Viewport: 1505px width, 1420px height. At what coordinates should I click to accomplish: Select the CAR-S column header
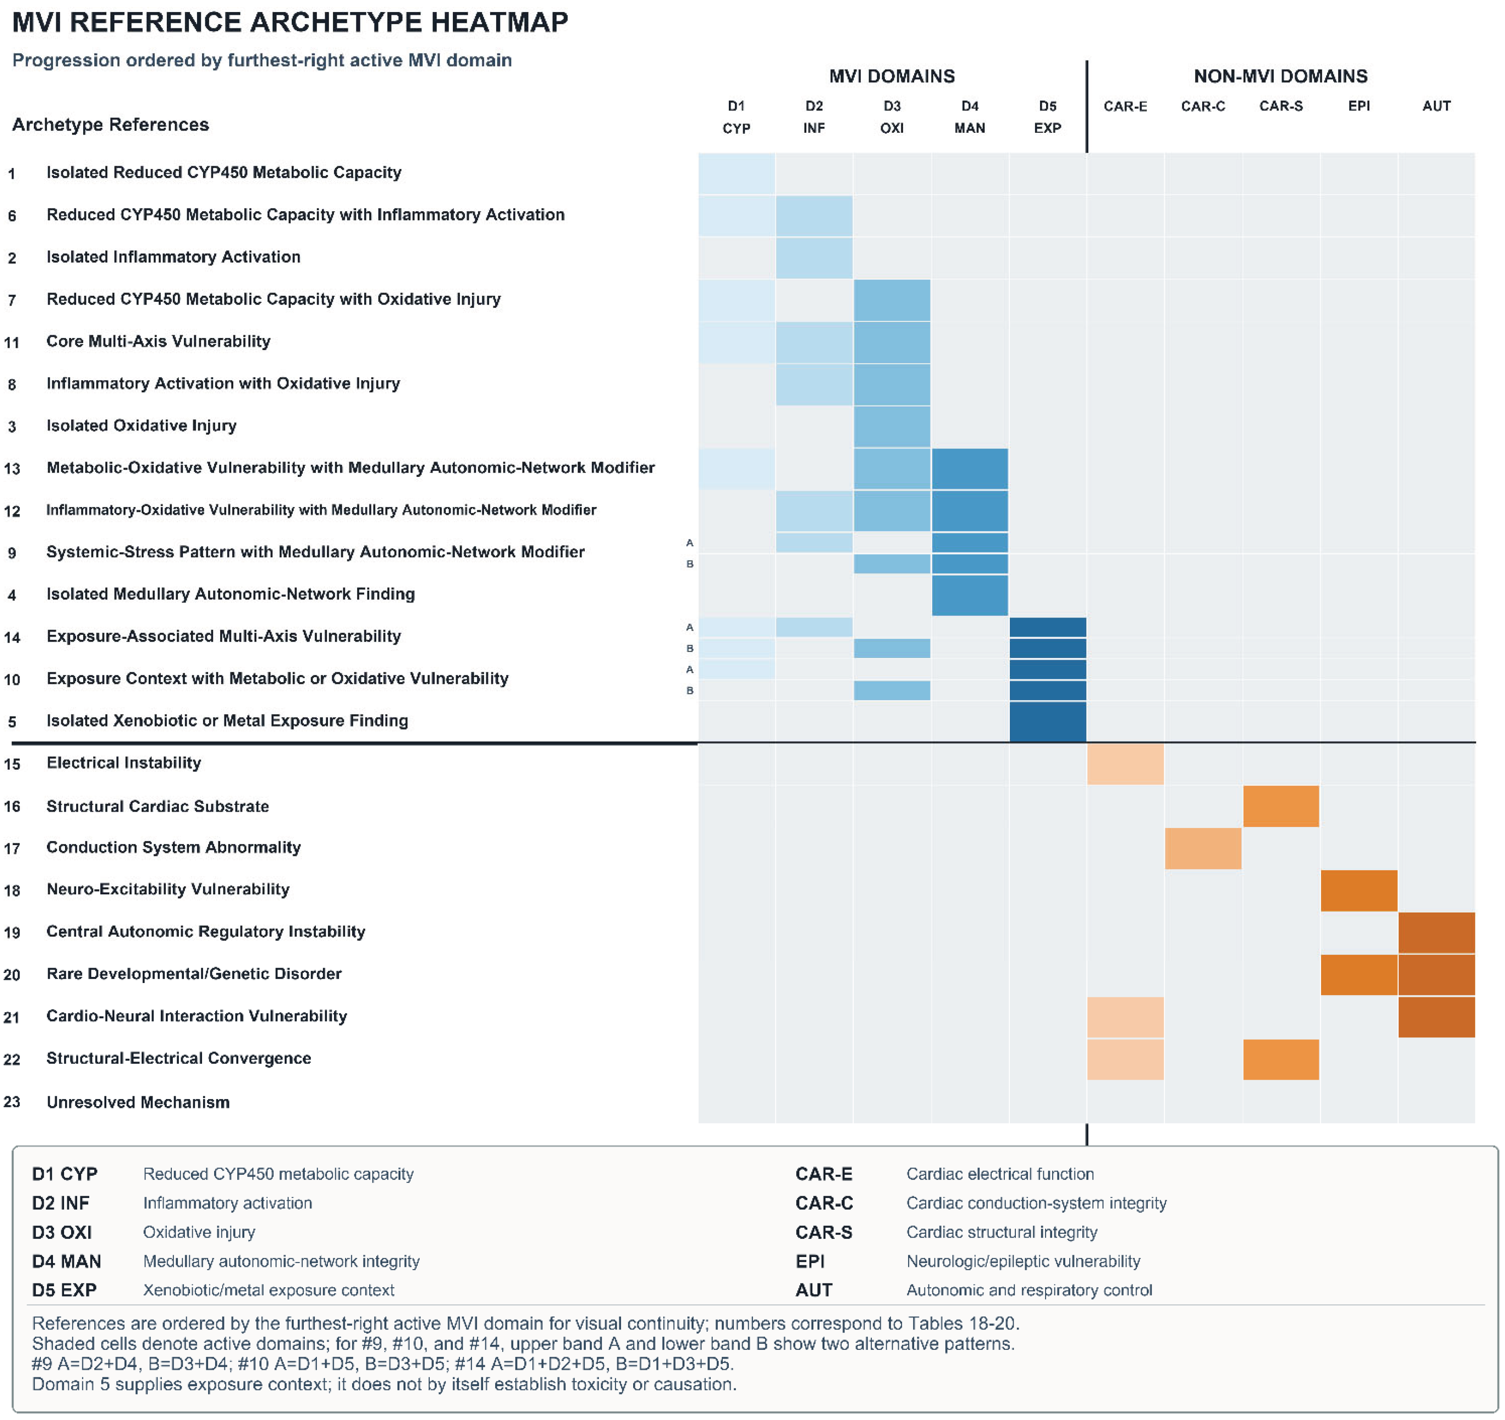[1281, 106]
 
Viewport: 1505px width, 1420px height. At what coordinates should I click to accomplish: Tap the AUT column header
[1436, 106]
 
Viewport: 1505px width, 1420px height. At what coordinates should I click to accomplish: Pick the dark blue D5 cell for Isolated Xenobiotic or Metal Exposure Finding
[1048, 721]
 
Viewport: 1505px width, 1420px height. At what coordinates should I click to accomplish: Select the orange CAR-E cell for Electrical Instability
[1125, 764]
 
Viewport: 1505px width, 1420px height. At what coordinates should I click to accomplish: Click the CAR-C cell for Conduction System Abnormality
[1203, 848]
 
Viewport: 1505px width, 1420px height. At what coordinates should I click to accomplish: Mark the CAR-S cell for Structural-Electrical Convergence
[1281, 1059]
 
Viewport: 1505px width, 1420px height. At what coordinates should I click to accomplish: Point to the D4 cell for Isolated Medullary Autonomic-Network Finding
[970, 595]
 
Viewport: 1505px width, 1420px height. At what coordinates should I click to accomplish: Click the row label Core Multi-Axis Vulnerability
[158, 341]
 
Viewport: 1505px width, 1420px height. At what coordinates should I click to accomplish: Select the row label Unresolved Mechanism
[138, 1102]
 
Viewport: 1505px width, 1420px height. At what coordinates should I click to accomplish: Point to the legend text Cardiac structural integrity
[1001, 1232]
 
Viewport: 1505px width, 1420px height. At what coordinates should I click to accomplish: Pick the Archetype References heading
[111, 125]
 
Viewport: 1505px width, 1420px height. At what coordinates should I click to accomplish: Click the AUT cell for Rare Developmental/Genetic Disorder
[1437, 975]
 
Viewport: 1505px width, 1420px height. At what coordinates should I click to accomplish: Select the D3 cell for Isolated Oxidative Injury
[892, 426]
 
